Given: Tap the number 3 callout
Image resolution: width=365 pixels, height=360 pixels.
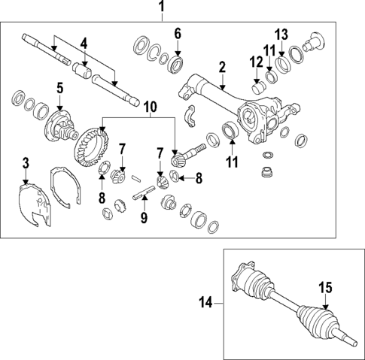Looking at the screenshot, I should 26,162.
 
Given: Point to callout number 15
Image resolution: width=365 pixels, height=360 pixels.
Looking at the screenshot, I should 326,287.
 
